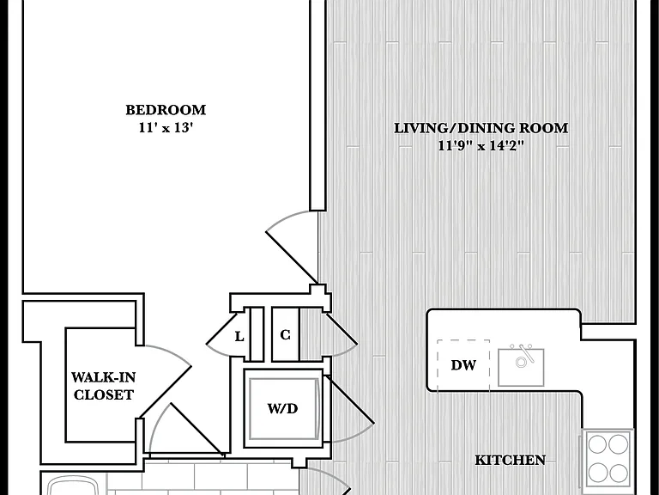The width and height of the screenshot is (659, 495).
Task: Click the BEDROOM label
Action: (166, 110)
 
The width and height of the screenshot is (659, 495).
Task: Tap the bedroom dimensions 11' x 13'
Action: (166, 127)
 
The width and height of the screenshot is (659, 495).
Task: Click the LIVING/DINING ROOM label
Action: (481, 128)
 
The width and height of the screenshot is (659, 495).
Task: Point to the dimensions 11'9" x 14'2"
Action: (481, 145)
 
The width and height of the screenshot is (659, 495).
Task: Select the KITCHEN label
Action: (511, 460)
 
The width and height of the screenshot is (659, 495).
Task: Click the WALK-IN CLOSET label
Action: (103, 386)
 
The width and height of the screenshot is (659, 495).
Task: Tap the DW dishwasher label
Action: (463, 365)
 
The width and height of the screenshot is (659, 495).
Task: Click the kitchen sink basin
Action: (521, 368)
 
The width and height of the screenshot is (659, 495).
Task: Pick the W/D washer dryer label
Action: (282, 408)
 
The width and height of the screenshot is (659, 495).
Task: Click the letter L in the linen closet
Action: (239, 337)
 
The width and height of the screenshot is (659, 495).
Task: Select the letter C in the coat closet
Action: (285, 335)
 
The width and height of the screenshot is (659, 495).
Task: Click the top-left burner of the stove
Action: (597, 444)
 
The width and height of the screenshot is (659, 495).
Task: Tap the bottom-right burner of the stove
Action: (618, 473)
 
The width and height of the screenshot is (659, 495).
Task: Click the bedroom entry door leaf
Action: (292, 257)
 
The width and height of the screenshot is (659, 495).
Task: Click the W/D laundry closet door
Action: (350, 400)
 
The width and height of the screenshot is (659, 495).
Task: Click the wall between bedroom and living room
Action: (318, 105)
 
